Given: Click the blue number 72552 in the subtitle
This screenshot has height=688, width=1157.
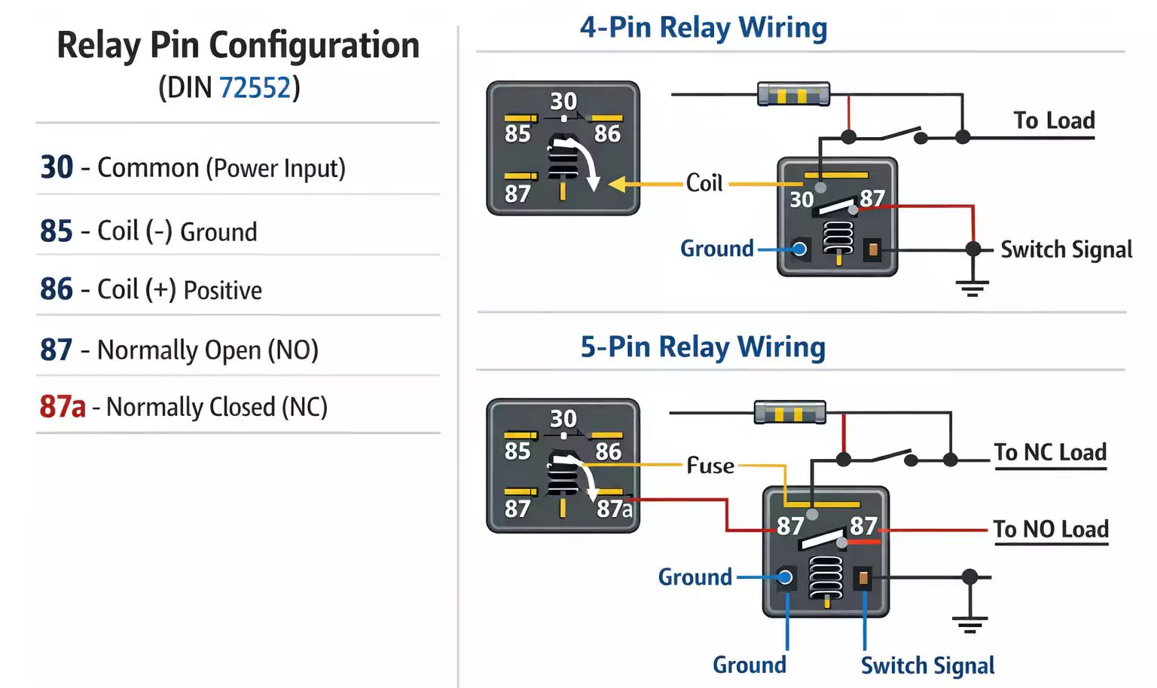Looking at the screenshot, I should tap(255, 88).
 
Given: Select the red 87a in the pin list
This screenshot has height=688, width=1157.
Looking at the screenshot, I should tap(63, 407).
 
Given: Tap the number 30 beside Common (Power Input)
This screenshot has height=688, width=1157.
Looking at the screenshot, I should tap(56, 167).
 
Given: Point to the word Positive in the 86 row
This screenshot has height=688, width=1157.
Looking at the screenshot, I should tap(223, 291).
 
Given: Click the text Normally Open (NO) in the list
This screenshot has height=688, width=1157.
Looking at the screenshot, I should tap(208, 350).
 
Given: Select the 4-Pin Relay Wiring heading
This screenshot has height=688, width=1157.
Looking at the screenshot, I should tap(703, 28).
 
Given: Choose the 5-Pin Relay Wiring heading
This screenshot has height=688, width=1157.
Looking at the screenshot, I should tap(702, 347).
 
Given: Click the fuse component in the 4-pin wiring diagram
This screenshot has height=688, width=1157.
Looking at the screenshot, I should tap(793, 95).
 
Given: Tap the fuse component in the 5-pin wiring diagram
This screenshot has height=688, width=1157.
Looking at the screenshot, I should tap(789, 413).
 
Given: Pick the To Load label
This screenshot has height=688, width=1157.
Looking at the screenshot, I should tap(1053, 121).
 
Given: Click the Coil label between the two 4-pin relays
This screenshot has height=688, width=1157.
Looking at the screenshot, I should tap(704, 183).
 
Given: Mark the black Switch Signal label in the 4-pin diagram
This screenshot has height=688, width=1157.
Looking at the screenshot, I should tap(1066, 249).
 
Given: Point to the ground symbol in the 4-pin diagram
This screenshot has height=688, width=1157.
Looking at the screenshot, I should tap(972, 286).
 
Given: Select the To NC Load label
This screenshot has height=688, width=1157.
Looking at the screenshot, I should tap(1050, 453).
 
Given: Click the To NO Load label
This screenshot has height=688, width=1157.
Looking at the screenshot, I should tap(1050, 530).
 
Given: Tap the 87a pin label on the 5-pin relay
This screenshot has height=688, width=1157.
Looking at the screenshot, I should tap(614, 509).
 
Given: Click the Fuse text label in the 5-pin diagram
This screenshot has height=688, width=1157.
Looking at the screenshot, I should tap(710, 466).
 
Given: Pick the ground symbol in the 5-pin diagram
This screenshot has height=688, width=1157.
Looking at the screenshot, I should tap(969, 623).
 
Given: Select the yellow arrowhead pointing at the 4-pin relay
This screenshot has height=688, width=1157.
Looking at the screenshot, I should tap(618, 184).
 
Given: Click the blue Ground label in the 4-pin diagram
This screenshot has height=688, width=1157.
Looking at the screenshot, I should tap(716, 249).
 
